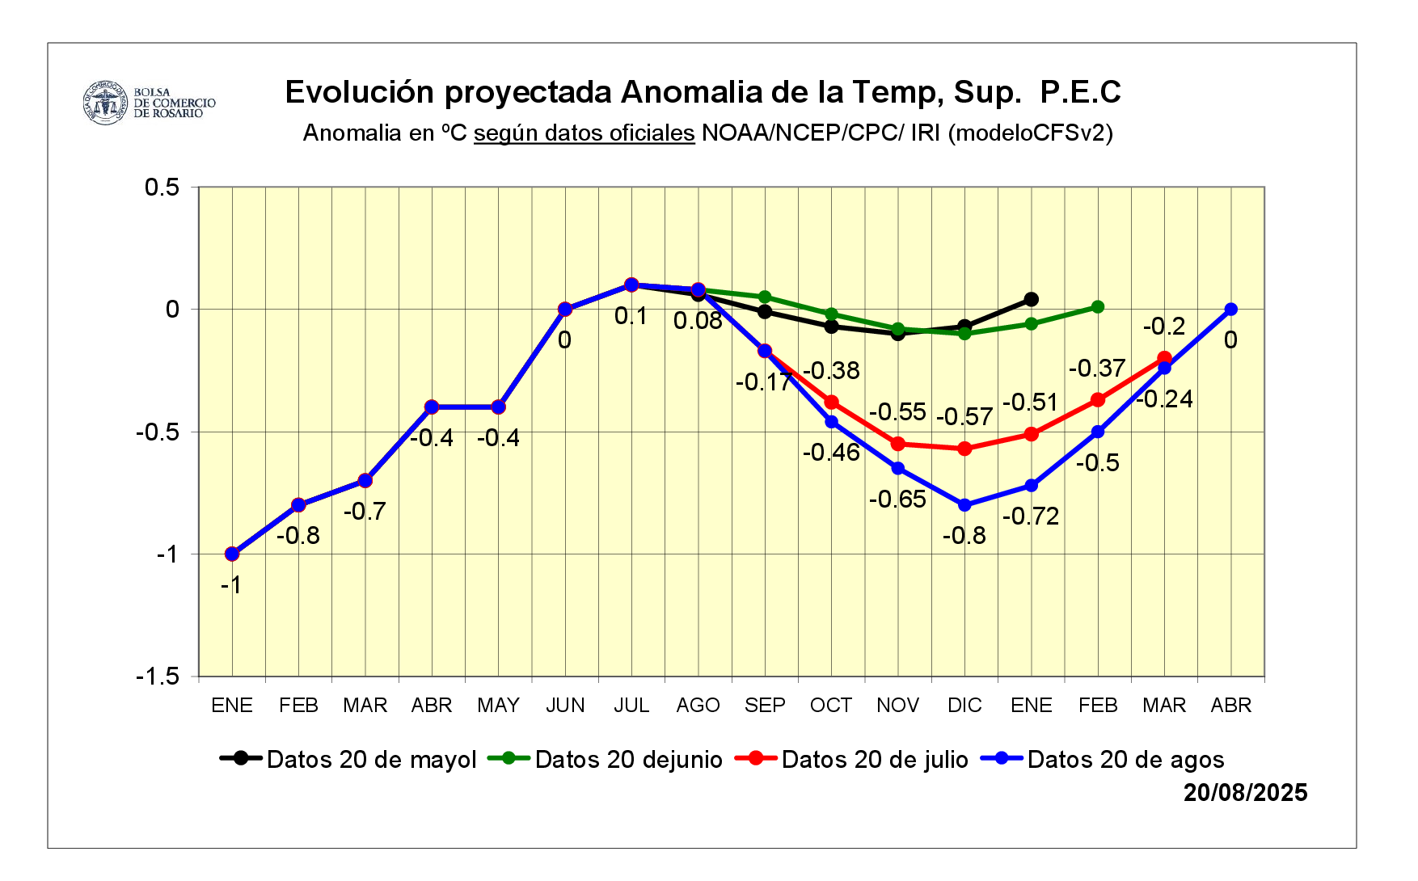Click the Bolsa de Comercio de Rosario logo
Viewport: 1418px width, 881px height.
click(x=149, y=103)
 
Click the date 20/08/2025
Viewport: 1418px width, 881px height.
click(x=1245, y=793)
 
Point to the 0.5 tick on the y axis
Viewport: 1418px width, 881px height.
click(x=162, y=188)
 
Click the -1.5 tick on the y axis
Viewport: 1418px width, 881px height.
click(x=158, y=677)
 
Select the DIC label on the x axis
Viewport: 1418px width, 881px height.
click(x=964, y=706)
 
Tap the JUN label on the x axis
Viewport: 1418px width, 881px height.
click(x=565, y=706)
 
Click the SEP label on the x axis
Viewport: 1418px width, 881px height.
click(x=765, y=706)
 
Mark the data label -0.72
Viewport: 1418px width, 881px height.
click(x=1031, y=516)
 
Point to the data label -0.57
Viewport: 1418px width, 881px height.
click(x=964, y=417)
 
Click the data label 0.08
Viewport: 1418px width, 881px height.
click(x=698, y=321)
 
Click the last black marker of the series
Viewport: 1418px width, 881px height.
click(x=1032, y=299)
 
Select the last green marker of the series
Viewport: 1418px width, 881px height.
click(x=1098, y=307)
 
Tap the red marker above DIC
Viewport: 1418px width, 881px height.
click(x=964, y=449)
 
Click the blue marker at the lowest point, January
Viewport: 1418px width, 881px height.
click(x=232, y=554)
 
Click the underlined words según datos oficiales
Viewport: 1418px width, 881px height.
click(x=584, y=133)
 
